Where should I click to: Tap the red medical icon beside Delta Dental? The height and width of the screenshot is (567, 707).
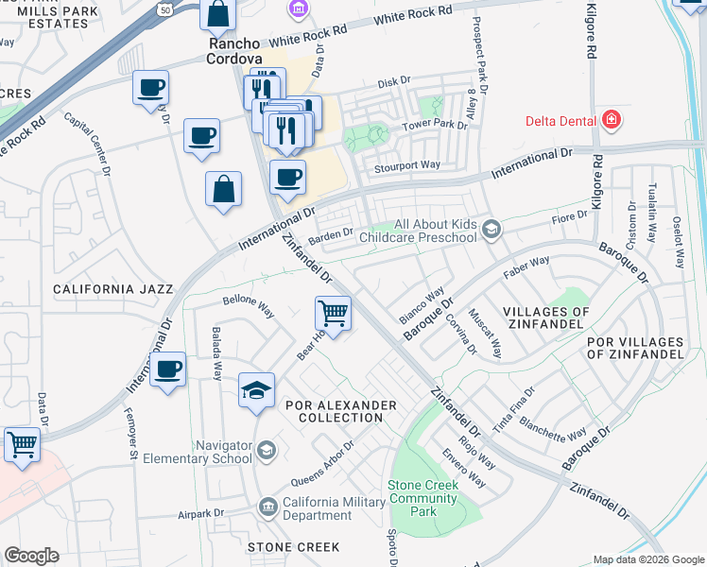click(x=612, y=120)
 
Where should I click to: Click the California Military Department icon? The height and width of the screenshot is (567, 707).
click(x=267, y=507)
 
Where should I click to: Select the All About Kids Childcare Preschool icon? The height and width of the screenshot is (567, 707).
click(x=491, y=229)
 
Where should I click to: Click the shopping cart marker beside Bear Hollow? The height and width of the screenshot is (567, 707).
click(x=333, y=312)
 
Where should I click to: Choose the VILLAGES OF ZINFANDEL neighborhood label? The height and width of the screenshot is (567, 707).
click(x=546, y=318)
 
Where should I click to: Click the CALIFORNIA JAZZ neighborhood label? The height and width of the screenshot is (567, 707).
click(x=113, y=288)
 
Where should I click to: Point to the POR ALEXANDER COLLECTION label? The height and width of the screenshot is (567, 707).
click(x=340, y=411)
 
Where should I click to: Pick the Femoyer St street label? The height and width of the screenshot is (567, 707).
click(x=131, y=435)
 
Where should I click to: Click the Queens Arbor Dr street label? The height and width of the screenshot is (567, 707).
click(x=321, y=460)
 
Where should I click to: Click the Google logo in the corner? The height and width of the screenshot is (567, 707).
click(x=32, y=556)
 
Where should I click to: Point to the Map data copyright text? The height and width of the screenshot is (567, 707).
click(x=648, y=559)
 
